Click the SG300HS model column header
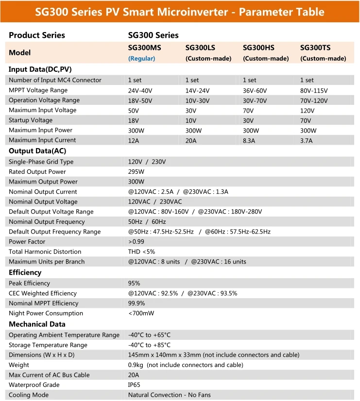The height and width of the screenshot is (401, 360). (x=258, y=48)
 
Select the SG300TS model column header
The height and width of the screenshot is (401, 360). (x=315, y=48)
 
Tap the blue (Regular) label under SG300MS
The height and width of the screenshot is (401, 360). (x=141, y=58)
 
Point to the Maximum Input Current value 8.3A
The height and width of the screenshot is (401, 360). (x=250, y=140)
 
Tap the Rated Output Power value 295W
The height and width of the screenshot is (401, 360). (x=136, y=172)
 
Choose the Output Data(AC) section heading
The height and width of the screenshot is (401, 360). (x=37, y=151)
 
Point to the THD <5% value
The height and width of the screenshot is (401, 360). (x=141, y=252)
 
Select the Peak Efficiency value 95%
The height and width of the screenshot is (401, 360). (x=134, y=284)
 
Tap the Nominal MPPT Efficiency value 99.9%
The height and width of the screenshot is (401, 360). (x=137, y=303)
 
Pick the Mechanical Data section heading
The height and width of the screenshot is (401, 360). (x=37, y=324)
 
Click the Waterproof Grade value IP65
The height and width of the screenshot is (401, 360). (x=135, y=385)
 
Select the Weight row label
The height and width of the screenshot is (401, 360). (x=19, y=365)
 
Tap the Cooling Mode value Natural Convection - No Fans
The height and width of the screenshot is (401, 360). (x=169, y=395)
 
